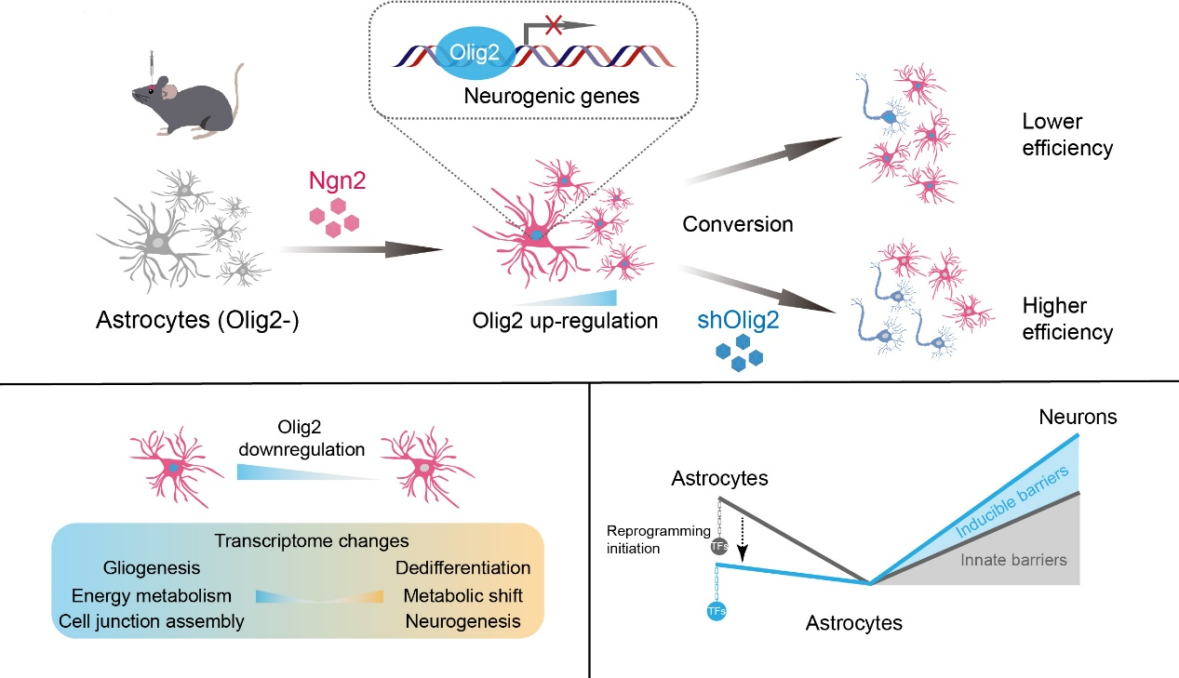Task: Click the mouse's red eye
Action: (x=146, y=88)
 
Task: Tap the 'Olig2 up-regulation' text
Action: (x=566, y=321)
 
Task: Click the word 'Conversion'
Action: (x=737, y=224)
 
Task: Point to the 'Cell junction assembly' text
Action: (x=152, y=620)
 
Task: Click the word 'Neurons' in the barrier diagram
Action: (x=1078, y=418)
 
